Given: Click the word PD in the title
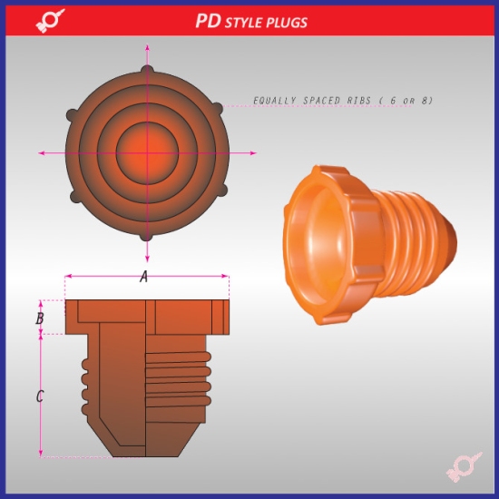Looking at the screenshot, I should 208,20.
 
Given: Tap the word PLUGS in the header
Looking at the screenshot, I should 287,21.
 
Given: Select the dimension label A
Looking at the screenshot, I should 143,278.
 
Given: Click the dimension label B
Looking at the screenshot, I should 39,318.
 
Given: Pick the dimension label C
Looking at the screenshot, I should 39,396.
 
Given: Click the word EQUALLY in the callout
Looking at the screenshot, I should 275,100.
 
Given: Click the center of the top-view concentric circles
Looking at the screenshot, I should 144,152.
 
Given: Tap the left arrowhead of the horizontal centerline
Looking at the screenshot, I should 43,152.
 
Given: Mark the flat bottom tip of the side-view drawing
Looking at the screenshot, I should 143,455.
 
